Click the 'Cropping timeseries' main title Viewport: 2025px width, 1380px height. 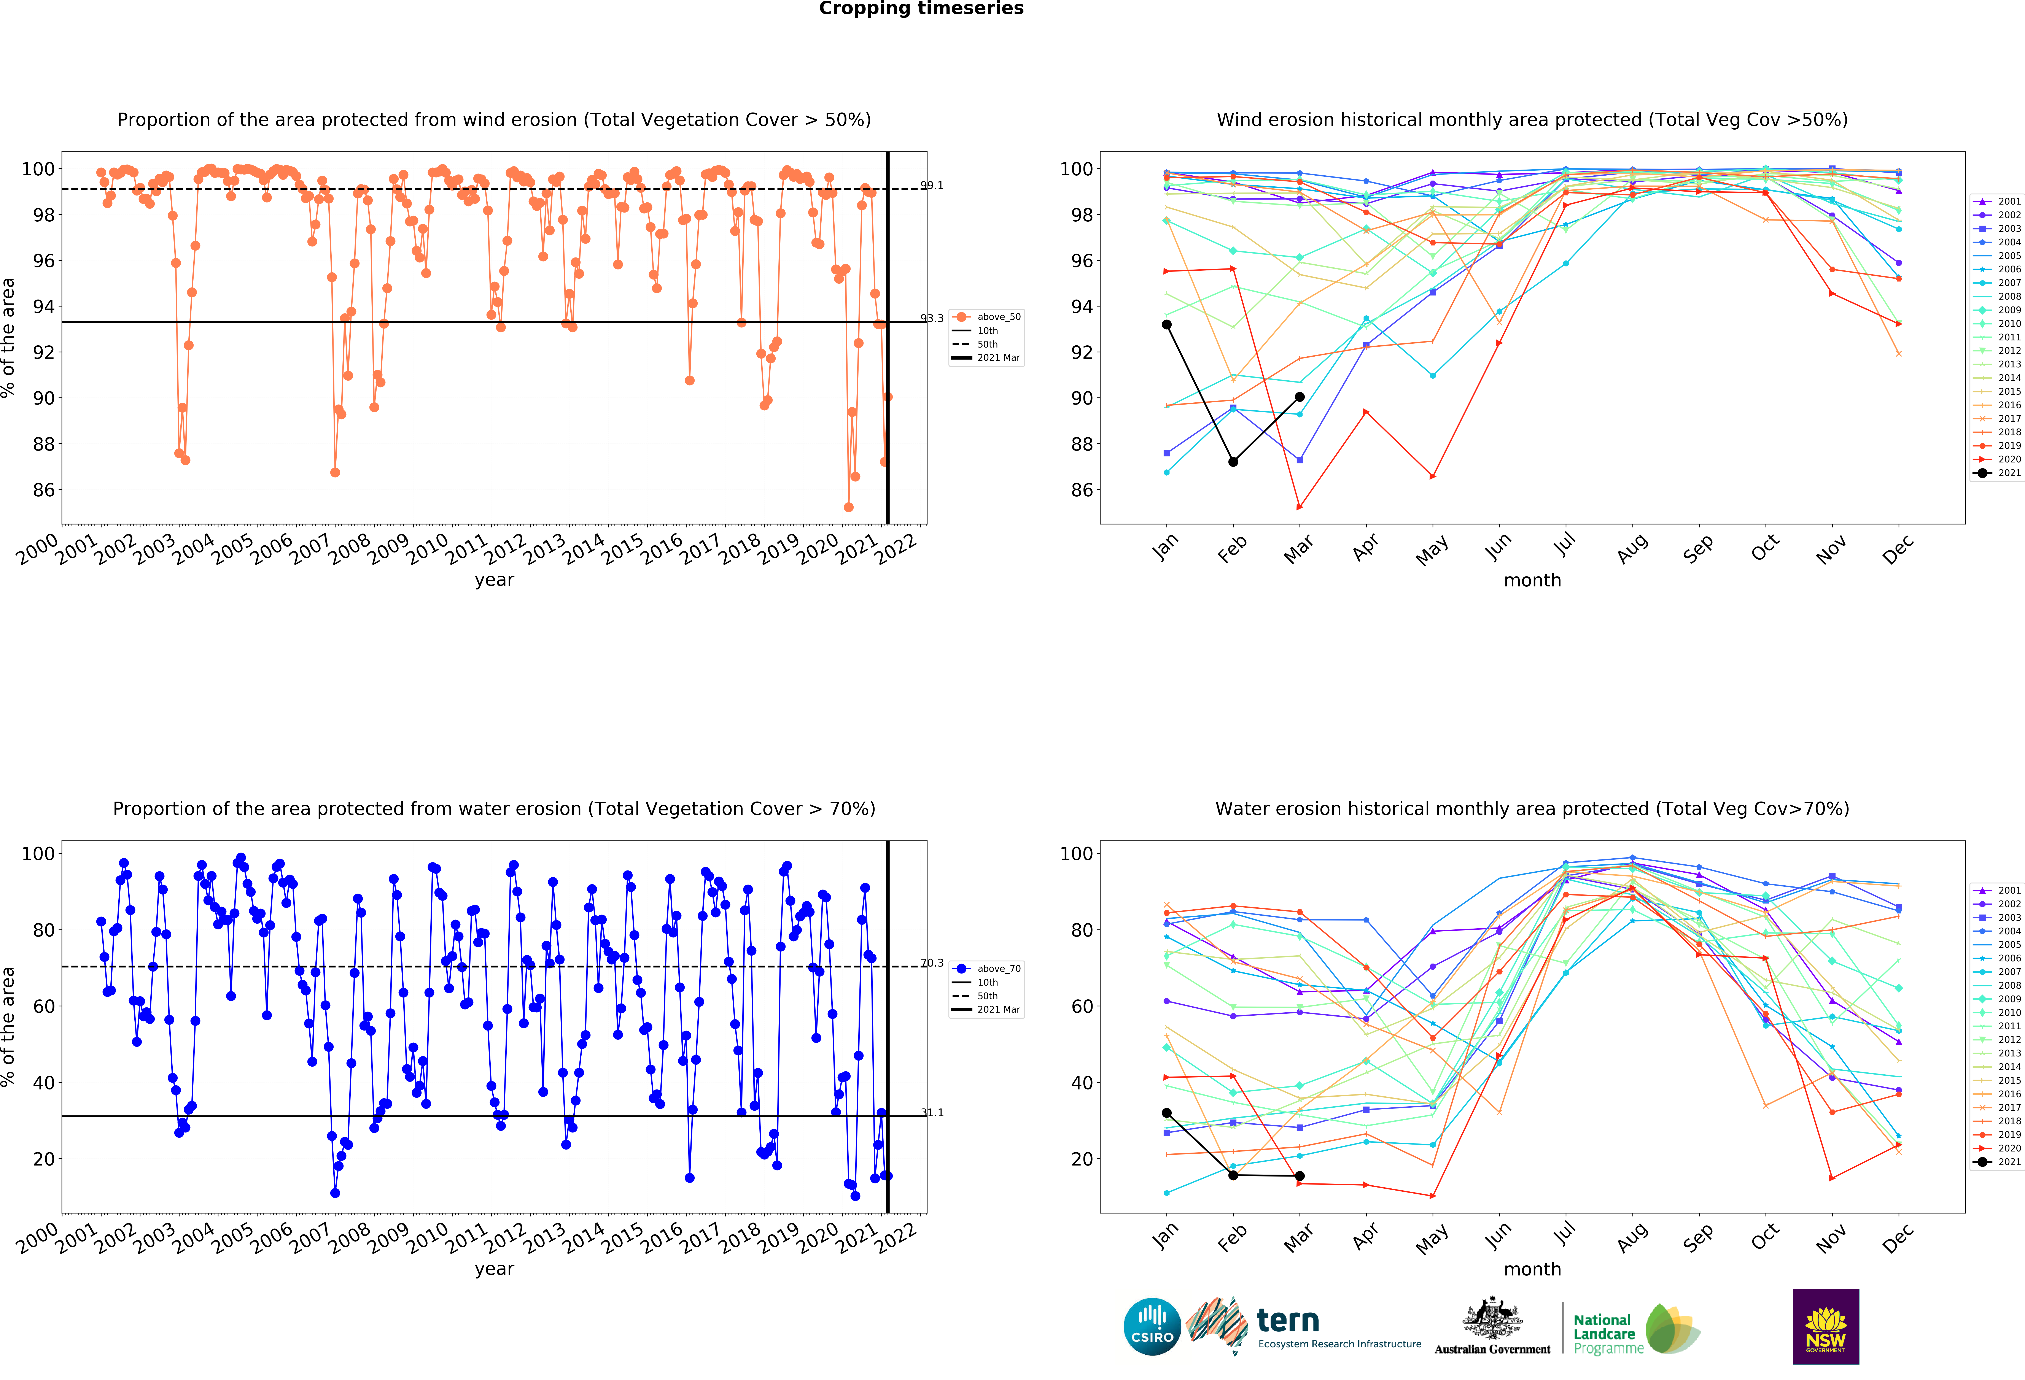click(921, 9)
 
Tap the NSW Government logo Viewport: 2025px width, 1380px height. click(1825, 1326)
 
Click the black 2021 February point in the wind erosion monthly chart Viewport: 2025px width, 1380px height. click(1233, 462)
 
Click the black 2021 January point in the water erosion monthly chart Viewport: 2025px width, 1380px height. click(1167, 1113)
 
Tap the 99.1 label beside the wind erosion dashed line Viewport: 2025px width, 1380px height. click(931, 186)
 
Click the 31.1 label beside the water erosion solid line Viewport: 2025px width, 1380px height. click(931, 1113)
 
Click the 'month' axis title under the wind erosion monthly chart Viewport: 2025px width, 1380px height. click(1532, 580)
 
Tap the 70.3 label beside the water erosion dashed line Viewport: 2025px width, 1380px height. click(931, 964)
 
